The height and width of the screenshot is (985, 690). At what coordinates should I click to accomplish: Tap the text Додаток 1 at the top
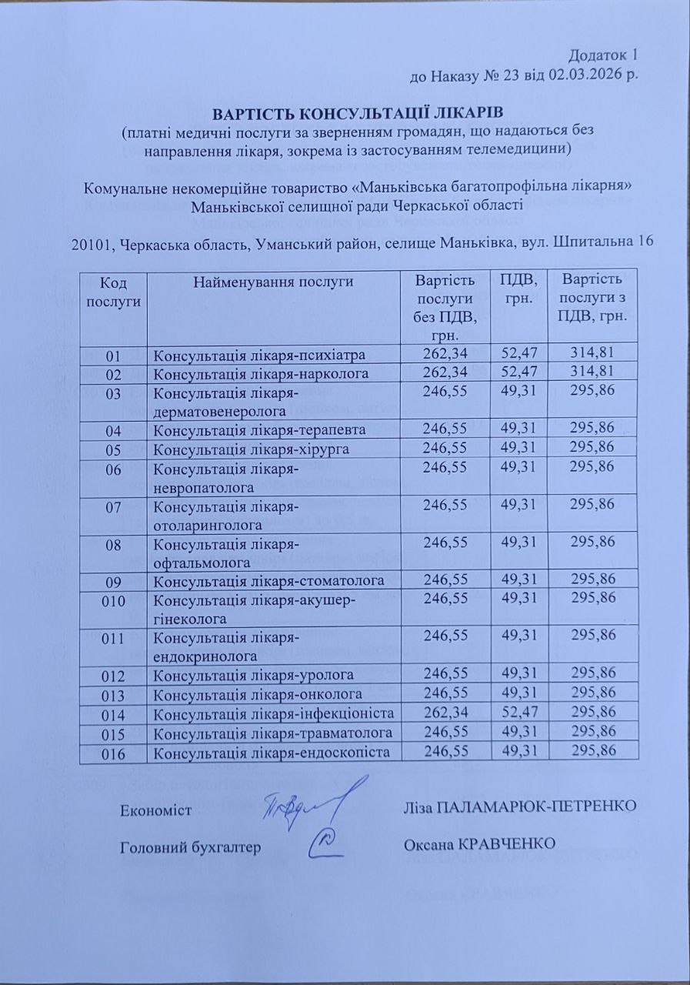pyautogui.click(x=604, y=55)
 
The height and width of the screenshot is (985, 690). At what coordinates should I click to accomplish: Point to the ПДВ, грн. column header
pyautogui.click(x=518, y=287)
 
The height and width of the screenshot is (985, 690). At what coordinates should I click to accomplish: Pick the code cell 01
pyautogui.click(x=115, y=355)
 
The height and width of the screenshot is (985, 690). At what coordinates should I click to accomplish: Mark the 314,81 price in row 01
pyautogui.click(x=592, y=354)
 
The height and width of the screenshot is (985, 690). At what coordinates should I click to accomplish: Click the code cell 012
pyautogui.click(x=113, y=675)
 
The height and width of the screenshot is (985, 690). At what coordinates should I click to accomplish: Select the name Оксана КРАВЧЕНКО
pyautogui.click(x=478, y=844)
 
